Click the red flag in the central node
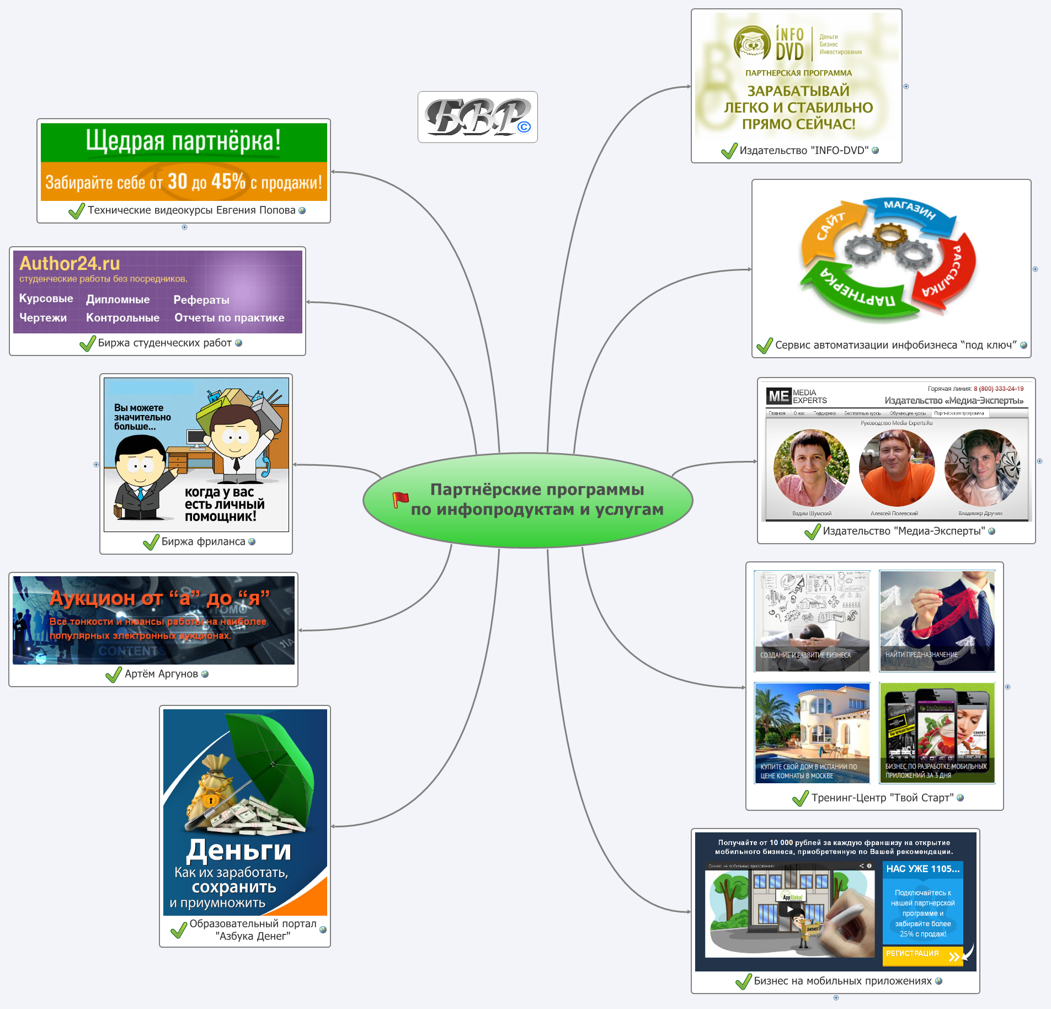(400, 499)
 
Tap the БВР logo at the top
(477, 117)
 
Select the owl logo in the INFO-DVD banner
(752, 43)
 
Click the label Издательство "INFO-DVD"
(804, 150)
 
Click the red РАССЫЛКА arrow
(949, 270)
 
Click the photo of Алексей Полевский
(897, 468)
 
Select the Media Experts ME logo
(778, 396)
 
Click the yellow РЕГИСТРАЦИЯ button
(922, 955)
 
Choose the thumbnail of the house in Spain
(812, 732)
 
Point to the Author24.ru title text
(70, 263)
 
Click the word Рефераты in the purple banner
(201, 300)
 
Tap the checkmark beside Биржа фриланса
(151, 543)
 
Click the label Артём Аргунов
(161, 674)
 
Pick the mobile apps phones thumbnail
(937, 732)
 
